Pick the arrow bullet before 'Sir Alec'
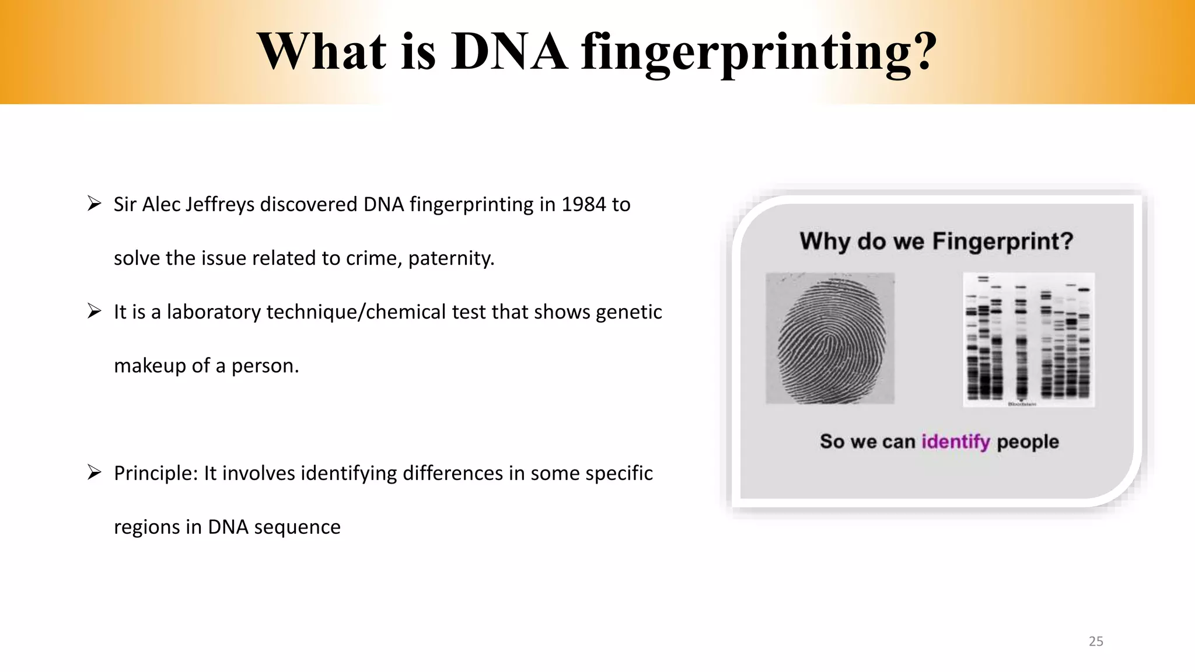(x=95, y=204)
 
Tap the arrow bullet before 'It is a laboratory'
(x=95, y=311)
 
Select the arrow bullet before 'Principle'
(x=95, y=472)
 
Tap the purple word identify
(x=955, y=442)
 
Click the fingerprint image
(x=830, y=338)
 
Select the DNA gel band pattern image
(x=1028, y=339)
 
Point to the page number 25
(x=1096, y=641)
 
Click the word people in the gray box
(x=1027, y=442)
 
